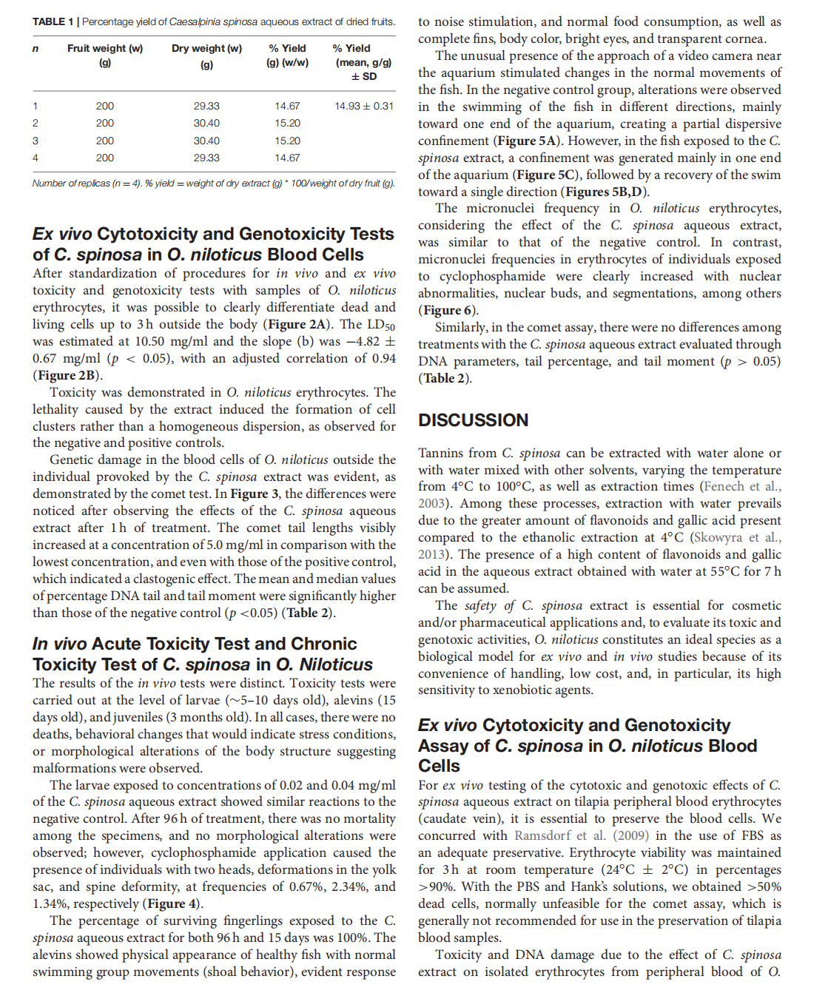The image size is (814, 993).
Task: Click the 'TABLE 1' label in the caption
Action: tap(53, 22)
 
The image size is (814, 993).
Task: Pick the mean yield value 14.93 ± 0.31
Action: tap(364, 107)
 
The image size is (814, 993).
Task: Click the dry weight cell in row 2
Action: tap(206, 124)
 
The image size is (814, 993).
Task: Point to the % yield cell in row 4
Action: tap(287, 158)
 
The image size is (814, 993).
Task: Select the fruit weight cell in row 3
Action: tap(105, 141)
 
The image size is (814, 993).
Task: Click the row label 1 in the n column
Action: tap(36, 107)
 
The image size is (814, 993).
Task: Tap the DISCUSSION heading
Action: tap(473, 420)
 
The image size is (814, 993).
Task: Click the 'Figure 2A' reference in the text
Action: tap(297, 325)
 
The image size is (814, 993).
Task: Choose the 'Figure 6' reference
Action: tap(448, 311)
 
